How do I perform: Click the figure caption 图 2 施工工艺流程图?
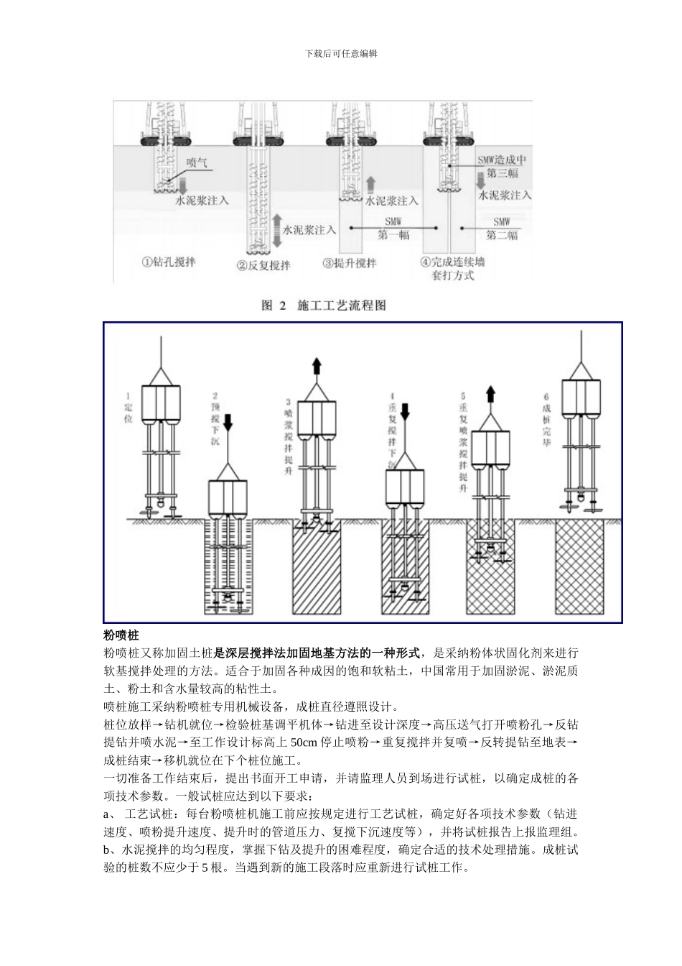323,305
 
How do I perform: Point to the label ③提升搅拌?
350,263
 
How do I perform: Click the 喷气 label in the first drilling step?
196,163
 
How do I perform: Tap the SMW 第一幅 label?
393,229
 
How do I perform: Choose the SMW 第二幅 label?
502,229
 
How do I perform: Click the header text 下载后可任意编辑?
341,53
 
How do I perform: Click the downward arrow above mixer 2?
229,421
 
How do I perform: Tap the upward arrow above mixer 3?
316,367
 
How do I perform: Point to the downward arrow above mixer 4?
404,412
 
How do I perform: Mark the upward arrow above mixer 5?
490,394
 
